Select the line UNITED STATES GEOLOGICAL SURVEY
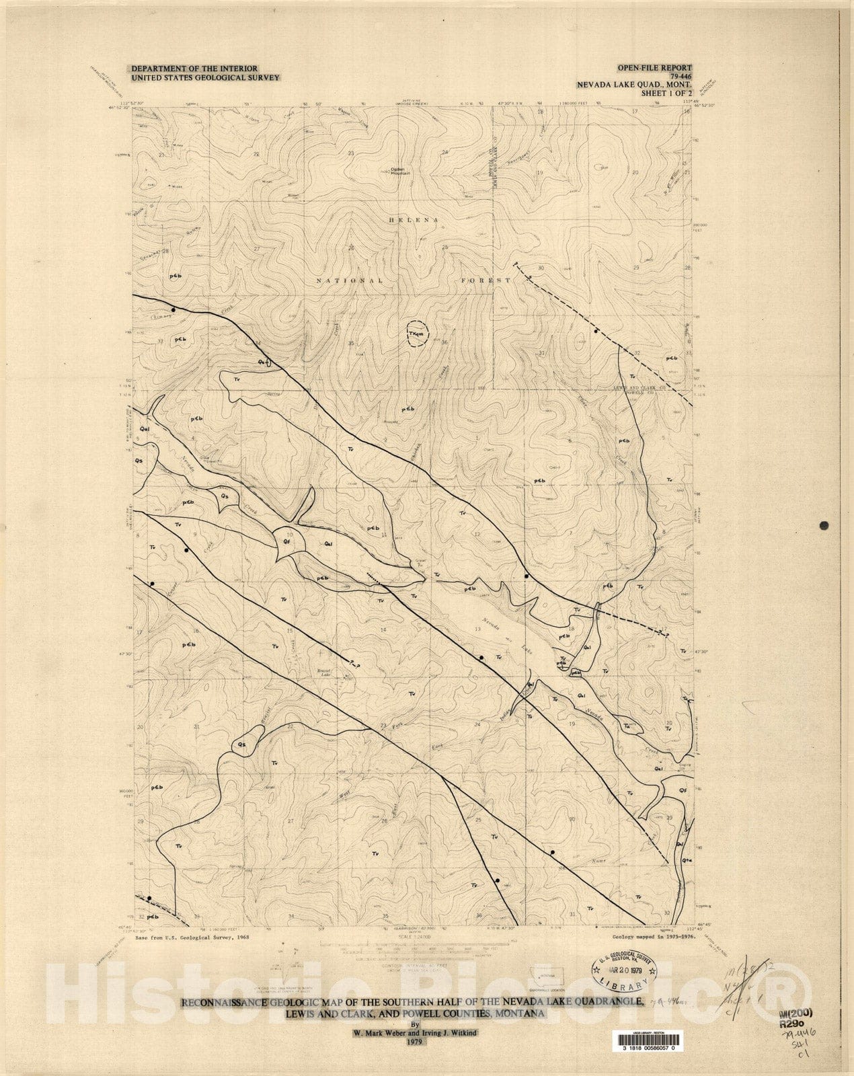(x=195, y=78)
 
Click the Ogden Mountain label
(x=400, y=170)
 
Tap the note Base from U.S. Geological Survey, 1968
(x=192, y=937)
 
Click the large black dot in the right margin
(x=824, y=526)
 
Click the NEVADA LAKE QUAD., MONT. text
(x=633, y=85)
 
